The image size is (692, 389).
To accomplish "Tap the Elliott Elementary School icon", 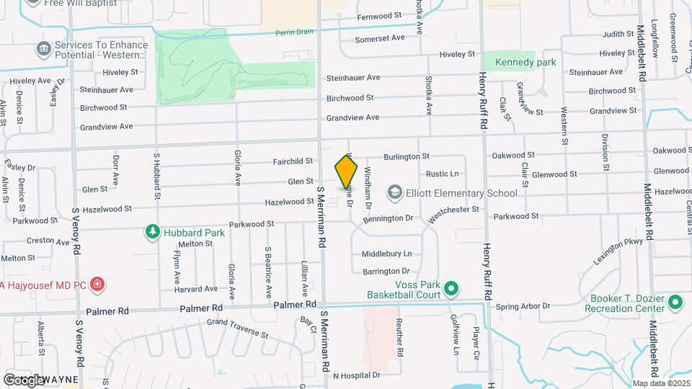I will (394, 192).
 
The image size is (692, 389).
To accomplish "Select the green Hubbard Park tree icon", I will (152, 232).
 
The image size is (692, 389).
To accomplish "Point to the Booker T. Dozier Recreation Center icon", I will (675, 303).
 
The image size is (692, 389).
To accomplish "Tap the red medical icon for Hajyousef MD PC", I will (98, 285).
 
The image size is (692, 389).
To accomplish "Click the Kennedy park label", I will (525, 62).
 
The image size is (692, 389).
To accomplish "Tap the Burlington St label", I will (406, 156).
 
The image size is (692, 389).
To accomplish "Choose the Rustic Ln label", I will (443, 174).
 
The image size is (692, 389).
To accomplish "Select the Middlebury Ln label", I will (386, 254).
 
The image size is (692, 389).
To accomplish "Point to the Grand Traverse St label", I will (237, 328).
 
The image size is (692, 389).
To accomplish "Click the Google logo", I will (25, 380).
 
